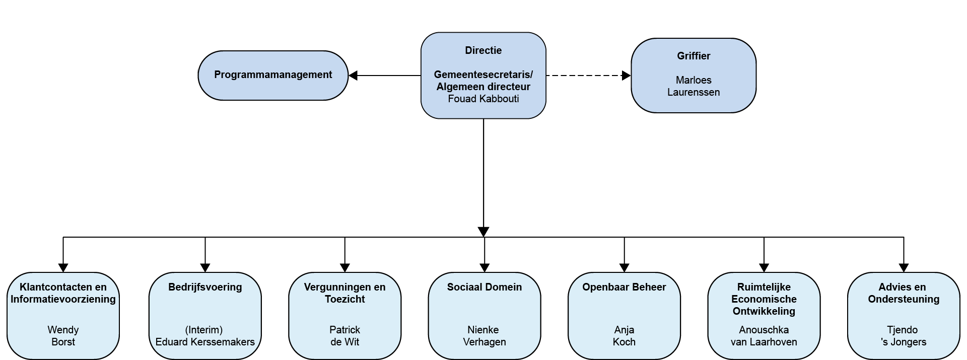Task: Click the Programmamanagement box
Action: click(x=273, y=76)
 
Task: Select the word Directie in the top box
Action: click(x=483, y=50)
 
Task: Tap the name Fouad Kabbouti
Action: click(x=483, y=99)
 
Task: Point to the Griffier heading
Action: click(x=694, y=56)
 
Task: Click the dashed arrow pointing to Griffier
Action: click(x=588, y=76)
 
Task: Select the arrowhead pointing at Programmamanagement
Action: click(x=353, y=76)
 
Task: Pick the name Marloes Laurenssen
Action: click(x=694, y=86)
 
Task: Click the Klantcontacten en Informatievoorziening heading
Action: click(x=63, y=293)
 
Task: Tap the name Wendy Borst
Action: click(x=63, y=336)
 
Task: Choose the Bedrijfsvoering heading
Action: click(x=205, y=287)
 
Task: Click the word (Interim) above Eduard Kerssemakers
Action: click(x=204, y=330)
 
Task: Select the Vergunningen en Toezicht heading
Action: click(x=345, y=293)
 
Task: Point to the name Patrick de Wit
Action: click(x=345, y=336)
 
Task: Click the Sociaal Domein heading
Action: click(x=485, y=287)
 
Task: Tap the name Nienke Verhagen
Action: click(x=485, y=336)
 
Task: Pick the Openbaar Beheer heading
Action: click(x=624, y=287)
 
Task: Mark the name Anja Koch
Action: click(x=624, y=336)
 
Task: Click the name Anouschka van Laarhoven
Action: click(x=764, y=336)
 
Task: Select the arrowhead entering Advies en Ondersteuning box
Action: click(x=904, y=268)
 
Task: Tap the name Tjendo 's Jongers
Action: click(x=904, y=336)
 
